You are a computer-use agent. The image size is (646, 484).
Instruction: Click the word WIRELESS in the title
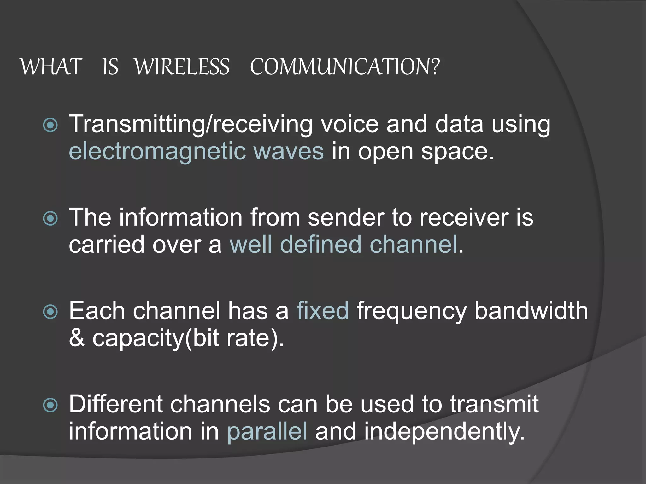[x=182, y=67]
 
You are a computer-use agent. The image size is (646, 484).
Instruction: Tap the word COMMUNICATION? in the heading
[x=344, y=67]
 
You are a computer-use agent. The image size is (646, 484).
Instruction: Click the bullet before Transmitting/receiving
[x=50, y=125]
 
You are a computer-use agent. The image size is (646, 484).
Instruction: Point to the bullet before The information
[x=50, y=218]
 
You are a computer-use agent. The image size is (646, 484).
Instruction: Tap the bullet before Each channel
[x=50, y=312]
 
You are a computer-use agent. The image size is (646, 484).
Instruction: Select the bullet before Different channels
[x=50, y=405]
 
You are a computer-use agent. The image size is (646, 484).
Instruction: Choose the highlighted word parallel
[x=267, y=432]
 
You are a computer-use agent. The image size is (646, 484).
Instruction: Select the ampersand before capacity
[x=77, y=338]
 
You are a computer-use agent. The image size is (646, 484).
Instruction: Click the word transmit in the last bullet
[x=494, y=405]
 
